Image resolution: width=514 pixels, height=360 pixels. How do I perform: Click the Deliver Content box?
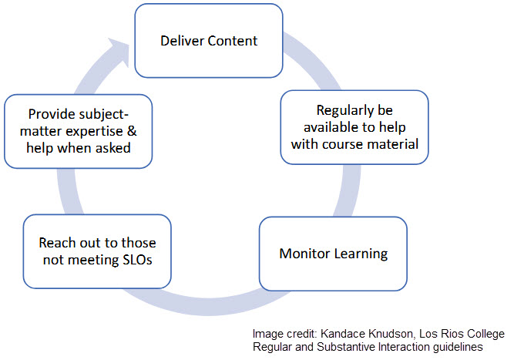point(210,40)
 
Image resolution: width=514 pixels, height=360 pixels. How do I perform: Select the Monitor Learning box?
point(333,253)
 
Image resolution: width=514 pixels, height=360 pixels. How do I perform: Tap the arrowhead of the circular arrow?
point(121,48)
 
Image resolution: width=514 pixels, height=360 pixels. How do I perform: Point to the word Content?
point(233,40)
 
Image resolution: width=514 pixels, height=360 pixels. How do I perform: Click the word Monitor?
point(304,254)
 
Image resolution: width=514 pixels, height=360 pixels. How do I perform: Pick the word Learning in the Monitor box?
point(359,254)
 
